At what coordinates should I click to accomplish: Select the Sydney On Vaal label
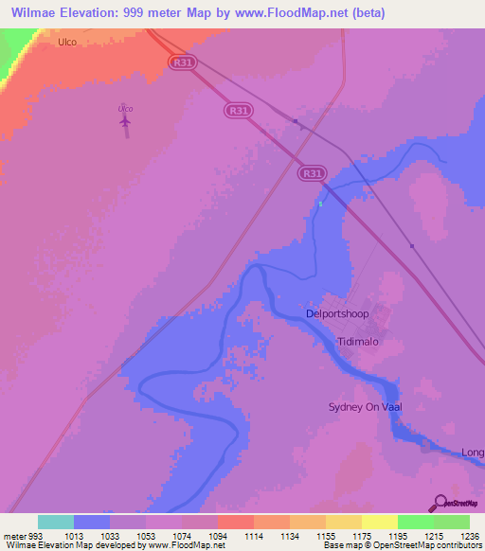[x=367, y=407]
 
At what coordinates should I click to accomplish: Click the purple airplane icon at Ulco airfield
[x=125, y=120]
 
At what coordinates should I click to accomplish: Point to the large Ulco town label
[x=67, y=42]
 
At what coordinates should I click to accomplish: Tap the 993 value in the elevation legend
[x=36, y=536]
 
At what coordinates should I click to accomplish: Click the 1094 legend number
[x=217, y=536]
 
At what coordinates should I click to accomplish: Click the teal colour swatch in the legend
[x=56, y=522]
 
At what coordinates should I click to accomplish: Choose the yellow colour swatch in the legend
[x=379, y=522]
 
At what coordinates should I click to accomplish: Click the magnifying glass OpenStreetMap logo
[x=440, y=504]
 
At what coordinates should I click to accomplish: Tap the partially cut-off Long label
[x=472, y=453]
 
